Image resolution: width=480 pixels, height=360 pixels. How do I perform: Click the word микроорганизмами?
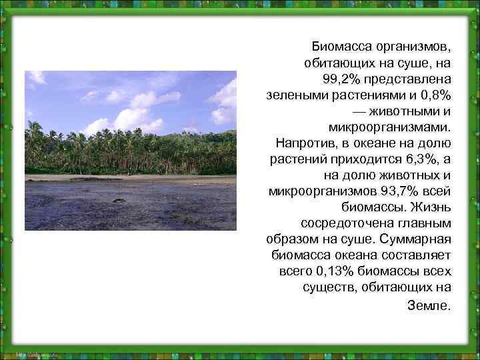click(390, 127)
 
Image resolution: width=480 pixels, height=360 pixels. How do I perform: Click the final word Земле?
click(428, 306)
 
